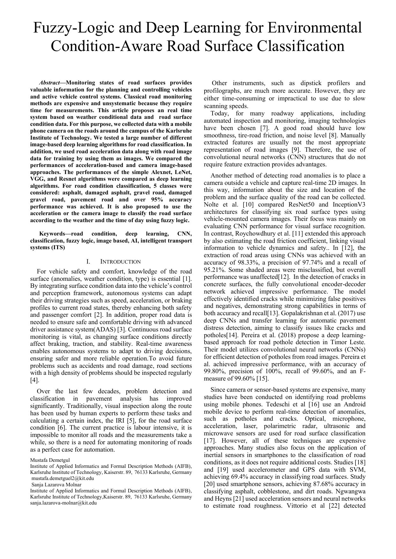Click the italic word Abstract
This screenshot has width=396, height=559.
51,83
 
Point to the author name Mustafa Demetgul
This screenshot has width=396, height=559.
50,460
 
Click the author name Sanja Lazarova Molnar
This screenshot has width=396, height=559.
56,484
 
